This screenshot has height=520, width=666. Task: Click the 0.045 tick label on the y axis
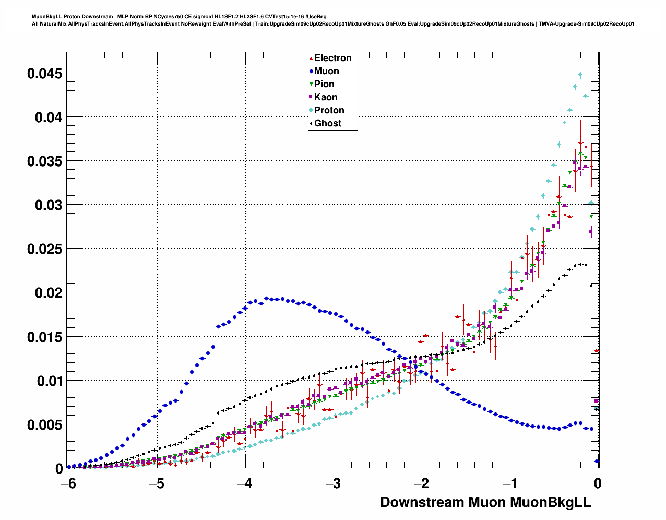point(44,74)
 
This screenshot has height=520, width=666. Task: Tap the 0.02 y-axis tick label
point(48,293)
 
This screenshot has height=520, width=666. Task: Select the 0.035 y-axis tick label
point(44,161)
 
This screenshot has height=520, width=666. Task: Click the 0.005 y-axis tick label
point(44,425)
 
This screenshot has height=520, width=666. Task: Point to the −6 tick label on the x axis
point(68,484)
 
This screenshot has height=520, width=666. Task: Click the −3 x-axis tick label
point(332,484)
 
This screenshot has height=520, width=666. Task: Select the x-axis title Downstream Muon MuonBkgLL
point(485,502)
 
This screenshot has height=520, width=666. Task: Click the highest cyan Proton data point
point(580,75)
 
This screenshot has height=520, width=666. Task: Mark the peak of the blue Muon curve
point(266,298)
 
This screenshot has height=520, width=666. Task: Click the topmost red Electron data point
point(580,142)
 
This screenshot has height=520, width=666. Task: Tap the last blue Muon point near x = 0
point(597,461)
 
